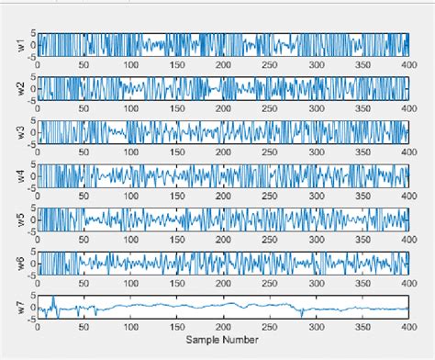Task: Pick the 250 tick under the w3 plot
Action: (269, 153)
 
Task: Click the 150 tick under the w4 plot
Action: (176, 197)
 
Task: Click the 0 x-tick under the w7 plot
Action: (38, 328)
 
